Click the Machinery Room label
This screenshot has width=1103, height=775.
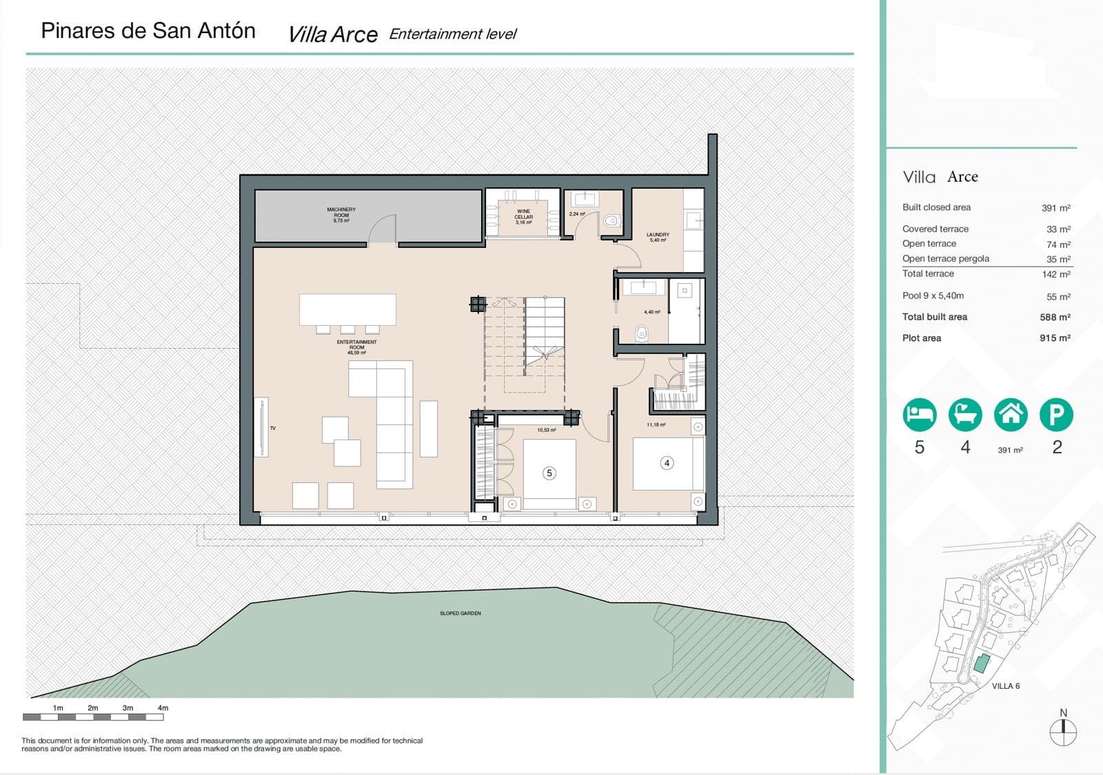coord(341,215)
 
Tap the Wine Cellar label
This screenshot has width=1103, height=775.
coord(523,216)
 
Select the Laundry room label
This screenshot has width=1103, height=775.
coord(658,236)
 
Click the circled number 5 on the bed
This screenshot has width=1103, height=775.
coord(549,473)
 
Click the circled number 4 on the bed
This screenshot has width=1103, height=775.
coord(667,463)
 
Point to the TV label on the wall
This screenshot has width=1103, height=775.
coord(273,428)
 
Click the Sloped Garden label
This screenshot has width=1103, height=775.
coord(461,613)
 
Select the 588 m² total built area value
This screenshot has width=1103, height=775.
coord(1055,318)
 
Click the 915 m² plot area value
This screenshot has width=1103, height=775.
coord(1055,338)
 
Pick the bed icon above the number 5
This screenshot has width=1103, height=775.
coord(920,415)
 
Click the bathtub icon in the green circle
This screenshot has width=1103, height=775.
coord(965,415)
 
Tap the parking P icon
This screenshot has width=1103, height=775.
coord(1056,415)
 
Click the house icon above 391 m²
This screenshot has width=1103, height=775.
coord(1011,415)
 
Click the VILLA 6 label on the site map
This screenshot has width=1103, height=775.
coord(1005,686)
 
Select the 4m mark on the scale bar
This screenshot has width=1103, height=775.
coord(163,708)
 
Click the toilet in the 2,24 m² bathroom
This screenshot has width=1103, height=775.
coord(611,221)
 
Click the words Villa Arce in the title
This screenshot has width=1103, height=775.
coord(333,34)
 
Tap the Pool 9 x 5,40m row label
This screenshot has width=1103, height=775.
coord(933,296)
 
